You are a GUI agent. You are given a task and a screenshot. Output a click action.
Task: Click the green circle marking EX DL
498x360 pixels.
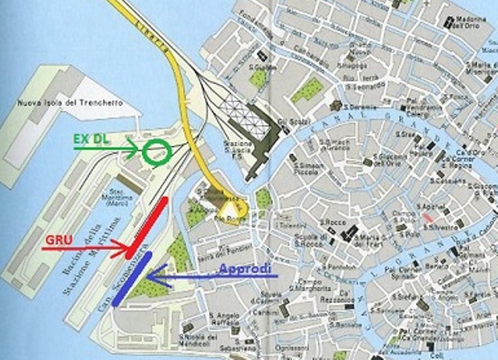(156, 153)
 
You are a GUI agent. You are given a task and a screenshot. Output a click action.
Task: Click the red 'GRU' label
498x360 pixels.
(59, 240)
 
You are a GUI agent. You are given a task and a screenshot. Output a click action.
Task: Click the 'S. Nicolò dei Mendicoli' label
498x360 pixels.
(198, 341)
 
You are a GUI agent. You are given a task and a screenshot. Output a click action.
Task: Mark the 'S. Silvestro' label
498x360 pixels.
(440, 227)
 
